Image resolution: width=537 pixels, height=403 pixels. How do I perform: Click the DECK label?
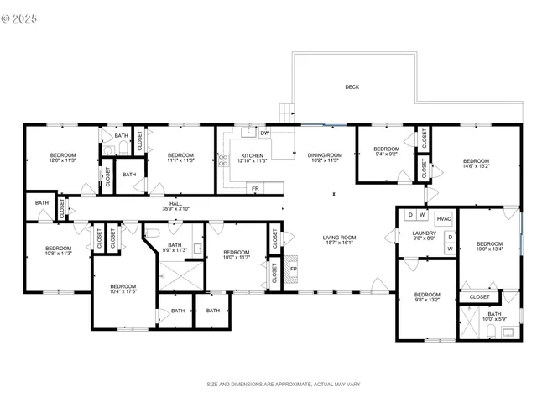tap(352, 86)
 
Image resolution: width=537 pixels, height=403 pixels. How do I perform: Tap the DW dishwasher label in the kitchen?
tap(264, 133)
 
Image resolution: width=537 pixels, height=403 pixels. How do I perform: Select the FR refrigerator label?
tap(255, 189)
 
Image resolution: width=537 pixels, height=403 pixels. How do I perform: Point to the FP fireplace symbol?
tap(294, 270)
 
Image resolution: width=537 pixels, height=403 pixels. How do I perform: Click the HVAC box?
tap(444, 219)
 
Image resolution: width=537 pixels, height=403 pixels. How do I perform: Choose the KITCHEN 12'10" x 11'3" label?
tap(252, 158)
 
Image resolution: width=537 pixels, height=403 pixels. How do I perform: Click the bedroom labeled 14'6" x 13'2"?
tap(475, 164)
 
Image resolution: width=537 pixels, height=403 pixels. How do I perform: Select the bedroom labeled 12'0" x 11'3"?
tap(63, 158)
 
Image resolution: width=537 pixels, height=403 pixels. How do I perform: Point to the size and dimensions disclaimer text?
tap(283, 384)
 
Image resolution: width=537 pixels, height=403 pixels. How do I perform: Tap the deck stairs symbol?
tap(286, 113)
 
